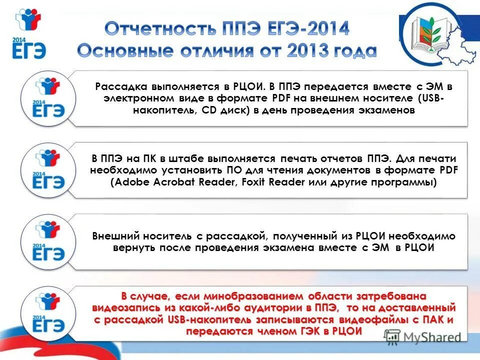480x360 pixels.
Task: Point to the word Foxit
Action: [254, 182]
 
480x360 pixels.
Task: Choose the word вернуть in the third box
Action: [134, 248]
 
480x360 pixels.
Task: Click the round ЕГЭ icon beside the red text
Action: [49, 313]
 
